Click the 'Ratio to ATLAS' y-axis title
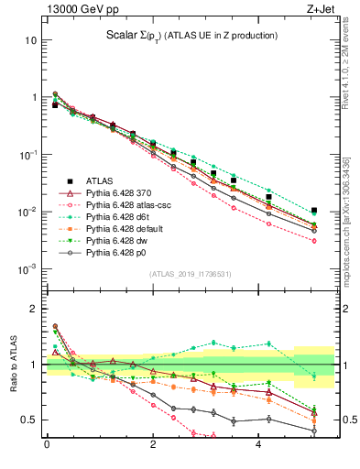12,366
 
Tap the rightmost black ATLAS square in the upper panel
314,211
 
